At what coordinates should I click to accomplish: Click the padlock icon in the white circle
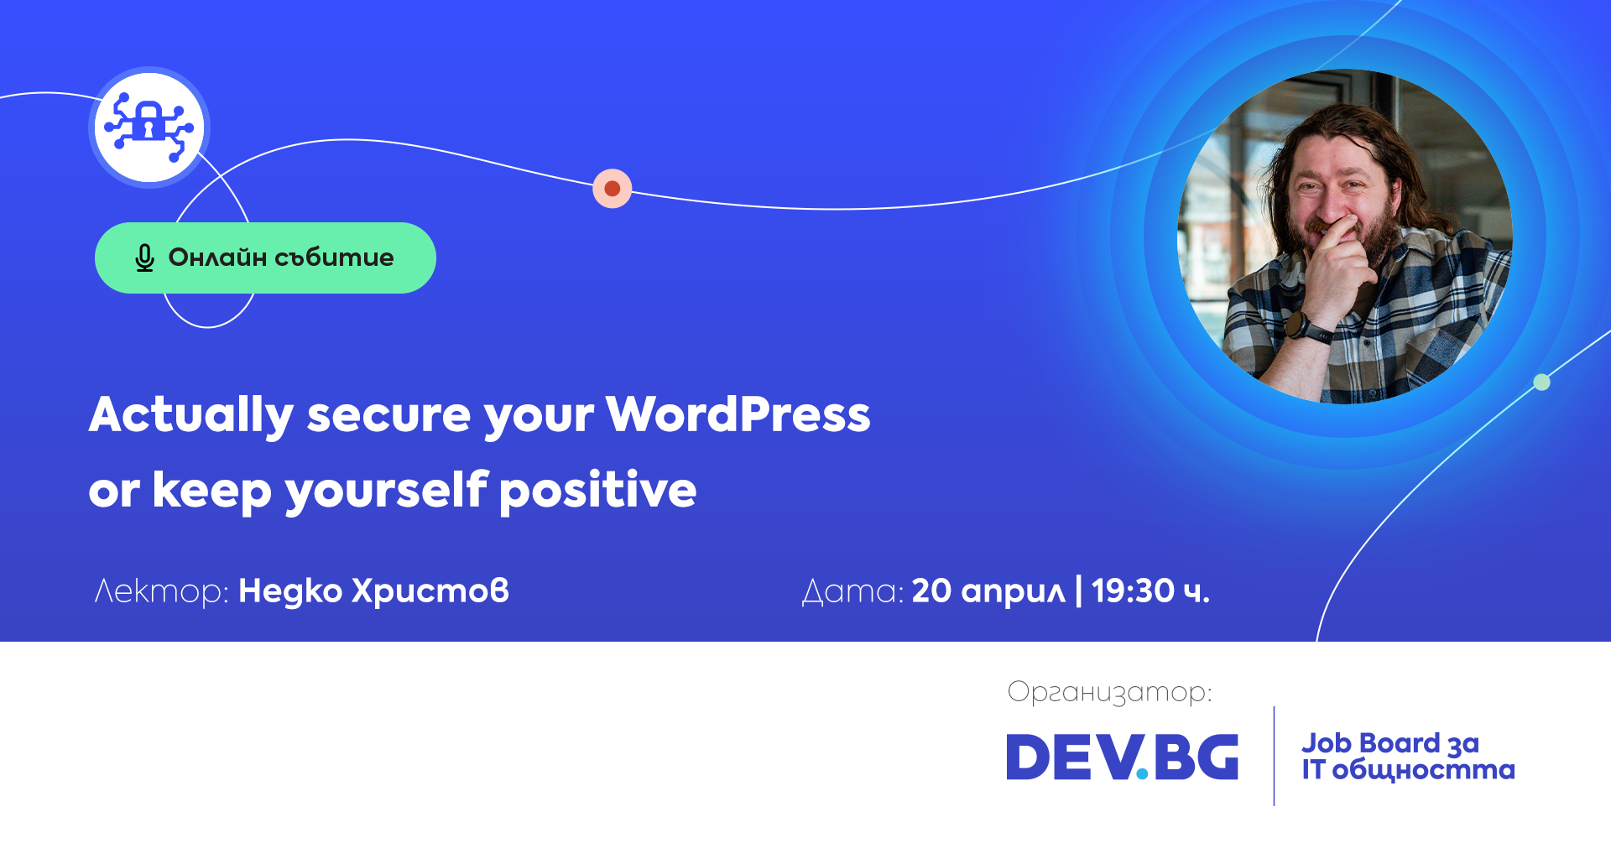(x=149, y=122)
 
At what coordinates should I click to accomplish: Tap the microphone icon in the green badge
(x=144, y=258)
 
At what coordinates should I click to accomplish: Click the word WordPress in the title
(x=738, y=414)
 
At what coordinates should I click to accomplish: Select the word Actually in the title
(x=191, y=416)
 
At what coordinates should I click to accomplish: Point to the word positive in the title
(x=597, y=492)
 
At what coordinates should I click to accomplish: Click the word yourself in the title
(x=387, y=492)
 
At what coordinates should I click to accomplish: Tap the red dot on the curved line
(x=613, y=189)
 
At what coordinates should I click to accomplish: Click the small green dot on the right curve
(x=1541, y=382)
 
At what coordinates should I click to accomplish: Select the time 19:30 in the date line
(x=1133, y=591)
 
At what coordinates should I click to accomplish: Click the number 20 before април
(x=931, y=591)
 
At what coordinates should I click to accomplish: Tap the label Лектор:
(x=161, y=591)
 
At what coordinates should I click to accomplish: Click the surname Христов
(x=430, y=591)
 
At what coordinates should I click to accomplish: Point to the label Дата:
(x=852, y=591)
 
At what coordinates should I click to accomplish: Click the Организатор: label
(x=1109, y=693)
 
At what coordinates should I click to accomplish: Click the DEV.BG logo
(x=1122, y=757)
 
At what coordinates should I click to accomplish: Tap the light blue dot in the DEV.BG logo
(x=1142, y=774)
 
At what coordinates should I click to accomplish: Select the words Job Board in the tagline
(x=1369, y=743)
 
